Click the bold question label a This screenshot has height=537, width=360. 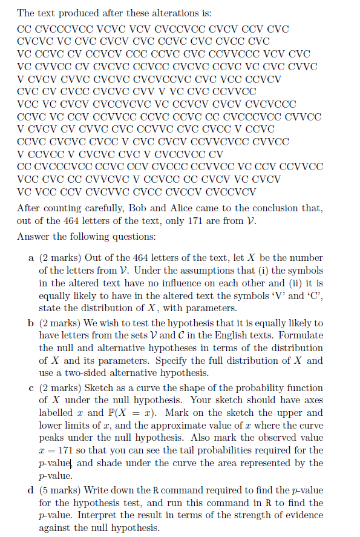pos(31,258)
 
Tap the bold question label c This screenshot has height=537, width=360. pos(31,387)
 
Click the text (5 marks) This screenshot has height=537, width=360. pos(61,490)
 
